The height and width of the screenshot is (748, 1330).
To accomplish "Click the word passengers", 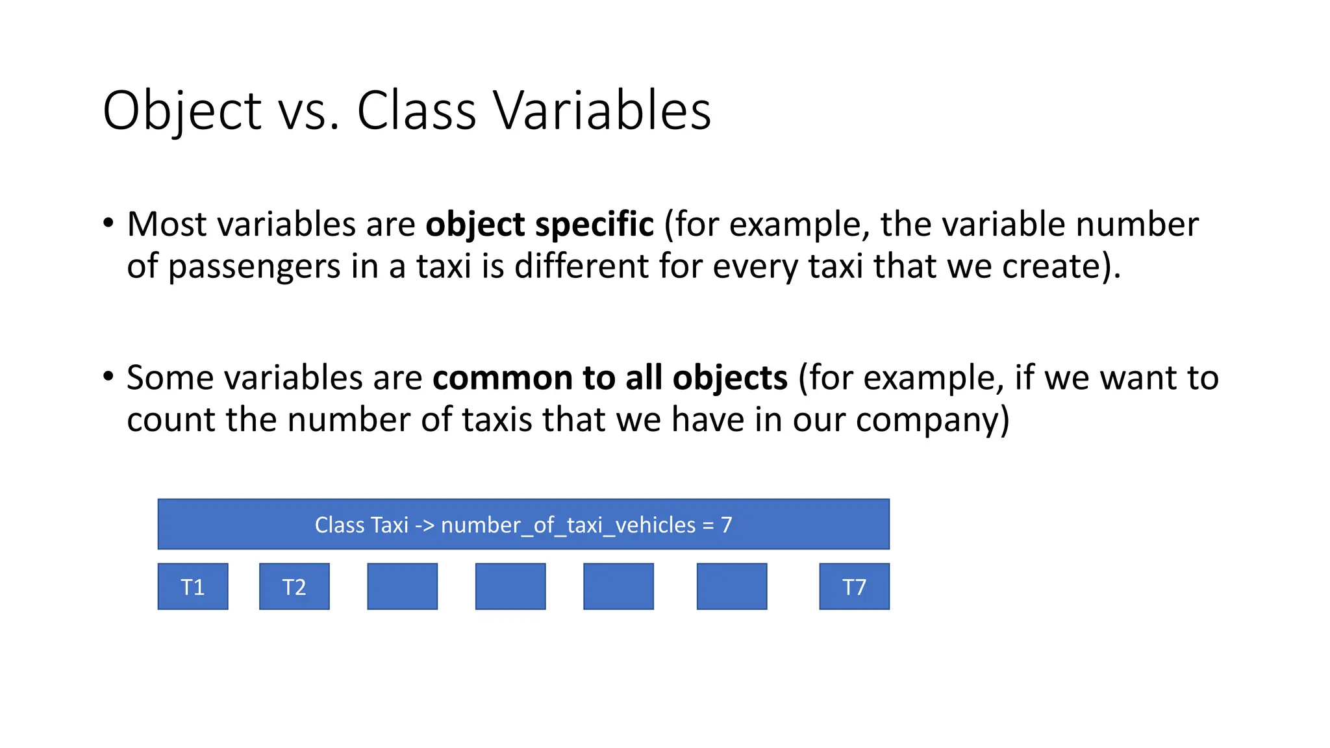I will (x=254, y=267).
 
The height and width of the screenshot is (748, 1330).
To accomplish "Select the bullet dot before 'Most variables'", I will (x=108, y=223).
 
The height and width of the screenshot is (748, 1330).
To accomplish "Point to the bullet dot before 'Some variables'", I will (x=108, y=376).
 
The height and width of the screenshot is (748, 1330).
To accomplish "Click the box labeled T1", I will (x=193, y=586).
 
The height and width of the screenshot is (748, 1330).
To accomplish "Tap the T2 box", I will (x=294, y=586).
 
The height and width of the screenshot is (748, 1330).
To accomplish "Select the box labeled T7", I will (x=854, y=586).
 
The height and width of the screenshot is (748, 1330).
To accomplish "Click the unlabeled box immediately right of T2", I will (x=402, y=586).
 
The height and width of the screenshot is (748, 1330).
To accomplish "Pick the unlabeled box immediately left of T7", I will (x=732, y=586).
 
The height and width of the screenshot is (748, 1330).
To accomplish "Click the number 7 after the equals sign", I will (x=727, y=525).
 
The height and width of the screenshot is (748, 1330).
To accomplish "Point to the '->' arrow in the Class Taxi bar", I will (x=425, y=525).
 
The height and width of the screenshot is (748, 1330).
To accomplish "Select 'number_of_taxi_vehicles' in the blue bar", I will (x=568, y=525).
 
